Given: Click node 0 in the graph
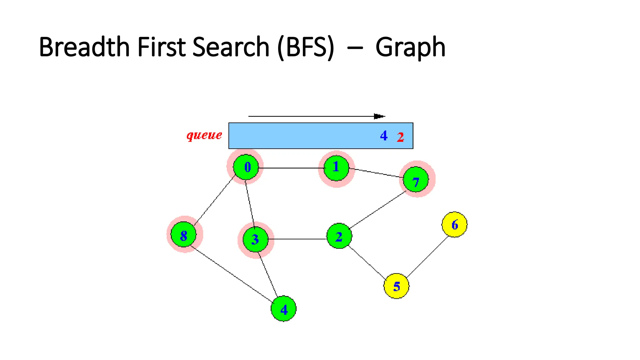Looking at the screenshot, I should (246, 167).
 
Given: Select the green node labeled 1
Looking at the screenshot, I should (336, 168).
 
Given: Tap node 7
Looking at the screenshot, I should (416, 179).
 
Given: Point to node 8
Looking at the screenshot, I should (184, 234).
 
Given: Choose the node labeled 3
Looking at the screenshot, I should (256, 239).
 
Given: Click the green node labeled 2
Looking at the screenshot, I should (339, 236).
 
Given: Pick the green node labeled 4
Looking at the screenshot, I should (283, 309).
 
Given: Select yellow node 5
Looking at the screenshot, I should (396, 286).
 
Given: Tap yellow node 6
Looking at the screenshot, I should (454, 224).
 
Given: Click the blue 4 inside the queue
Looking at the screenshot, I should (384, 136).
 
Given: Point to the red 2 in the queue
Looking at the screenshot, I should (400, 137).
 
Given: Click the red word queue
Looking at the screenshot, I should (204, 135).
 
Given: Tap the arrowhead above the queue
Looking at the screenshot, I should (379, 116).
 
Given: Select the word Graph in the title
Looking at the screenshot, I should (410, 47).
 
